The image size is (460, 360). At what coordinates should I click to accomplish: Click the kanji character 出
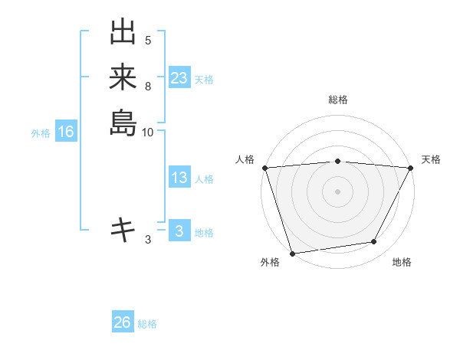pos(123,33)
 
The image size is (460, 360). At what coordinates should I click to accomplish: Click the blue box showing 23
pos(179,78)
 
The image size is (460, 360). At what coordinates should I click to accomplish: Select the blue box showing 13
pos(179,178)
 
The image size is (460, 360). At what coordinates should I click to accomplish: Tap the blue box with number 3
pos(179,231)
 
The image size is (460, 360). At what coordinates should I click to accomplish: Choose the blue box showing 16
pos(66,133)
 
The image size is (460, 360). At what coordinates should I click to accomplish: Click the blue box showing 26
pos(122,322)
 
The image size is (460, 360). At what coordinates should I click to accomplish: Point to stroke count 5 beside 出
pos(148,41)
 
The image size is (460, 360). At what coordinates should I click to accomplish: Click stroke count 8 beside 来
pos(148,86)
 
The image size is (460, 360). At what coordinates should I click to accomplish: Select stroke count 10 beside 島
pos(148,132)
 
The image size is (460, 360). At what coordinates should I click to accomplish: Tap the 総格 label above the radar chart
pos(338,100)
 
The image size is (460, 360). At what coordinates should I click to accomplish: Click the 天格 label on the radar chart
pos(432,159)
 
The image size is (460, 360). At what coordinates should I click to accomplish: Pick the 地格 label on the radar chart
pos(402,262)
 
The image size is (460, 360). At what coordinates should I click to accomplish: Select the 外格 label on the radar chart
pos(270,262)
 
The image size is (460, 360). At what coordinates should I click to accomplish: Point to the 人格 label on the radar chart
pos(245,159)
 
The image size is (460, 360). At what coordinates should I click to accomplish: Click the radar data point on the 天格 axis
pos(411,168)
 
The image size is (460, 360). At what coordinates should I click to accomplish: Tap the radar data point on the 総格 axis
pos(338,161)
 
